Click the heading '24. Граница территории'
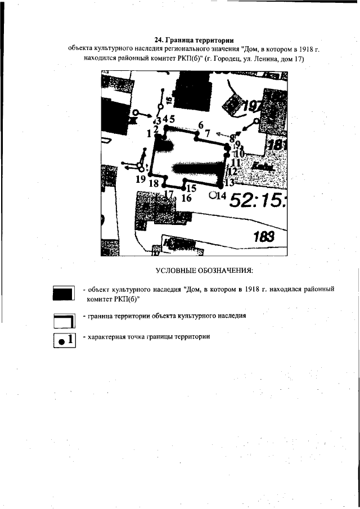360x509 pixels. [193, 40]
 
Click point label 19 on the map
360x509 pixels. [141, 179]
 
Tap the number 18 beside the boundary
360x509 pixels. [153, 183]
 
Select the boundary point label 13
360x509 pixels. [229, 183]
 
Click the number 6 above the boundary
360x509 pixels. [200, 125]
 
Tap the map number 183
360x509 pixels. [263, 237]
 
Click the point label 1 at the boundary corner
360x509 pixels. [149, 134]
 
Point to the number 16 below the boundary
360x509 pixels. [187, 198]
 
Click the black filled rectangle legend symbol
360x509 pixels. [64, 292]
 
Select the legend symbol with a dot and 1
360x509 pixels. [64, 340]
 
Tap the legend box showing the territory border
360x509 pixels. [64, 320]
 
